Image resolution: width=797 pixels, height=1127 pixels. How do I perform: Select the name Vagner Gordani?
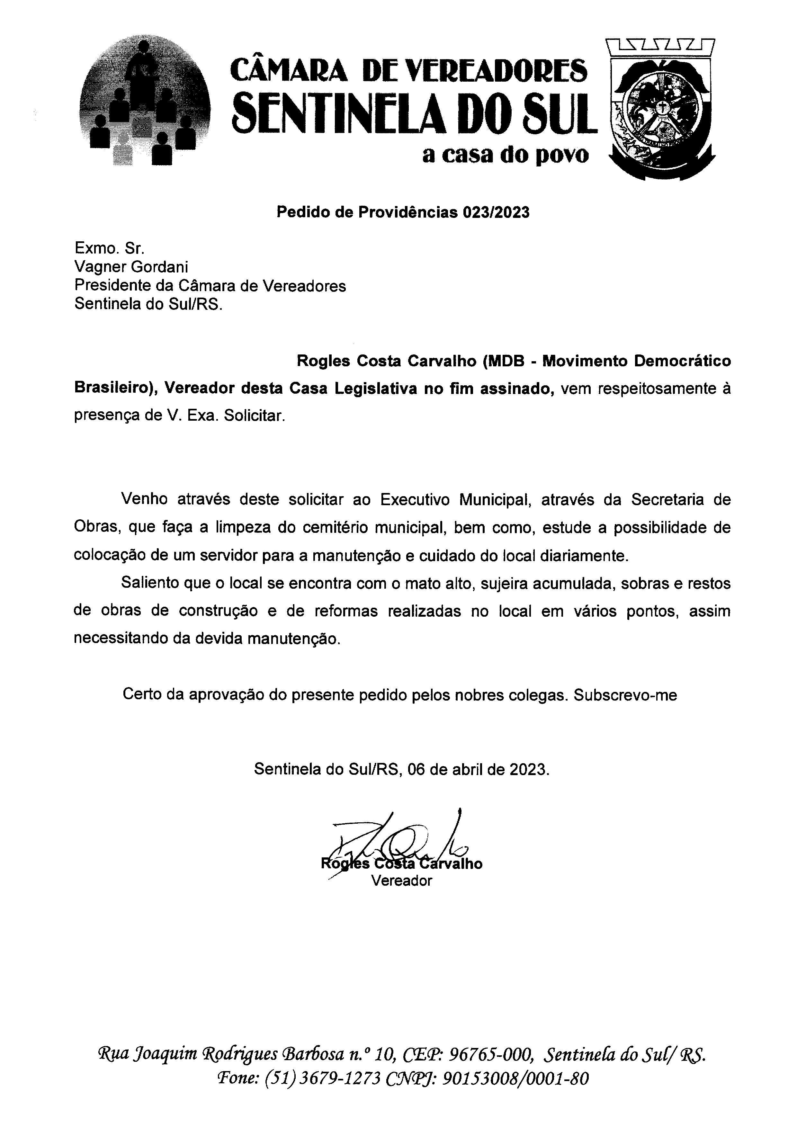tap(131, 267)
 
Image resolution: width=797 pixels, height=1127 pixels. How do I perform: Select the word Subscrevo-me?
tap(625, 695)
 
